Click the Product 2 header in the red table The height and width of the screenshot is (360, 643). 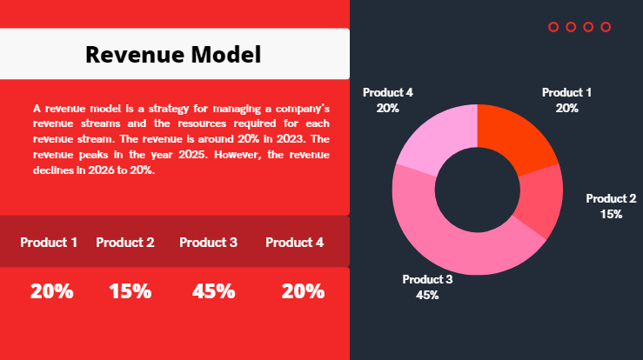coord(125,243)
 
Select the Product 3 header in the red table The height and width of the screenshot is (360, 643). coord(208,243)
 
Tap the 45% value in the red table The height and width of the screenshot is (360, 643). coord(214,291)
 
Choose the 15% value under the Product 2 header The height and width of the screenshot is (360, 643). coord(131,291)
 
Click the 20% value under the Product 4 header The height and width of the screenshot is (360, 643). coord(303,291)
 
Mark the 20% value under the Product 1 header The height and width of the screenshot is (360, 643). coord(51,291)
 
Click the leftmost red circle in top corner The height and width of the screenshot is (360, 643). coord(553,27)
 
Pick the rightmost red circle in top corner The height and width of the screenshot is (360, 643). coord(606,27)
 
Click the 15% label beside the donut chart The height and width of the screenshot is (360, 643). coord(611,214)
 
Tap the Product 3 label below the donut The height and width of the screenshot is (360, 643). coord(427,279)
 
